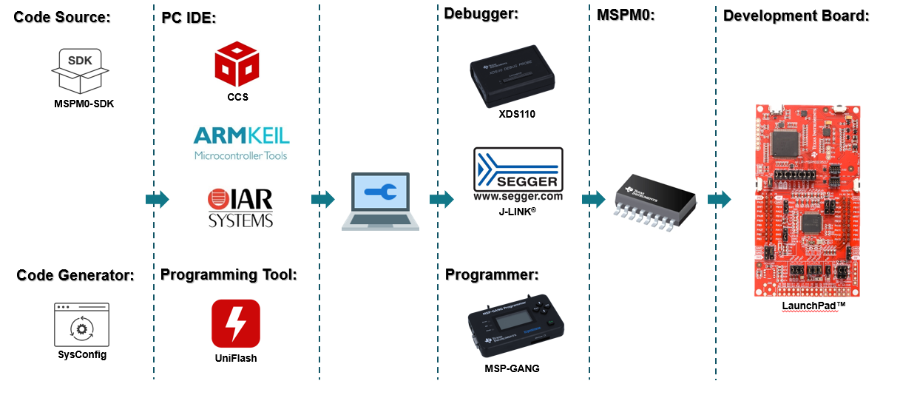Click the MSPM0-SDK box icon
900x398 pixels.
(80, 70)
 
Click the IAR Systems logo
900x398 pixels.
(240, 208)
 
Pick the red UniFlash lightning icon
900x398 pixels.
(235, 323)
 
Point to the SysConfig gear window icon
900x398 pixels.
(81, 324)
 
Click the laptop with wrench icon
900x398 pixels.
(380, 202)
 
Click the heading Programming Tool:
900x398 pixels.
(228, 275)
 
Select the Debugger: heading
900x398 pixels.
(481, 13)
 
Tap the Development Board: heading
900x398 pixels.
(796, 16)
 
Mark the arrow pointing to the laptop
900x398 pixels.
(323, 199)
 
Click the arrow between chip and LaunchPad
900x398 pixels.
(719, 200)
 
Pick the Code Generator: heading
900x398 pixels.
(75, 276)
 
